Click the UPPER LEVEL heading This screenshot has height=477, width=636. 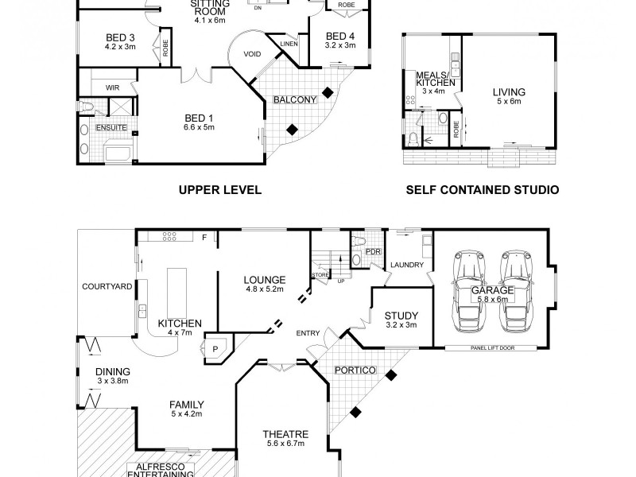pos(220,190)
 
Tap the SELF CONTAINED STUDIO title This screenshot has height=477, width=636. pos(483,190)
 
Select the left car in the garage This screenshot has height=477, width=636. pos(467,293)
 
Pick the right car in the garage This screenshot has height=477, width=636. pos(514,293)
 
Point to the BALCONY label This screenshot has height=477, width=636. pos(295,99)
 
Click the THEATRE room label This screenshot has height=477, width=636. pos(285,434)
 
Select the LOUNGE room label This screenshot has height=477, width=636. pos(265,280)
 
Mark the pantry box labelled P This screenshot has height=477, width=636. pos(214,347)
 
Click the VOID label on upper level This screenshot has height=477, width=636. pos(253,54)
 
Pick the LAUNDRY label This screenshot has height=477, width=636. pos(406,265)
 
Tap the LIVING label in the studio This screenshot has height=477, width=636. pos(508,92)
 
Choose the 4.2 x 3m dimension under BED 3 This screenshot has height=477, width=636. pos(121,47)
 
